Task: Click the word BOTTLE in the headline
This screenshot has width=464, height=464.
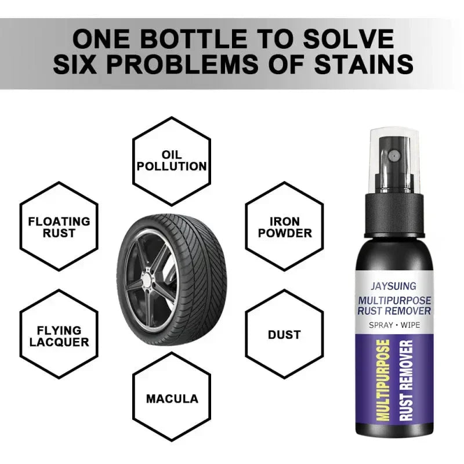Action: [x=193, y=39]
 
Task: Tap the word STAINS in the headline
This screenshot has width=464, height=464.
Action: [x=364, y=64]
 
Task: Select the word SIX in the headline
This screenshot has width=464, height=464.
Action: [x=75, y=64]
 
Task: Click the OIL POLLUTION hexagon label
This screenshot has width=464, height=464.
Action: [x=172, y=161]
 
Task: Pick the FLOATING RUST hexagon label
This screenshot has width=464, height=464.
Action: [x=59, y=227]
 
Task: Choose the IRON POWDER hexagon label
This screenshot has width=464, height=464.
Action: [x=285, y=227]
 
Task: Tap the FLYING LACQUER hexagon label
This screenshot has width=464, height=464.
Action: [x=59, y=336]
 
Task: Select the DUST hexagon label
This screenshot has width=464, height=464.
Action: [x=284, y=335]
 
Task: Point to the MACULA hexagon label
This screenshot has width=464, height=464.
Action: [x=172, y=398]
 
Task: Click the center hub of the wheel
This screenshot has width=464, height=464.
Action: [x=146, y=278]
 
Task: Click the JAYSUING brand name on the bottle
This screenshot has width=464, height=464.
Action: [x=394, y=286]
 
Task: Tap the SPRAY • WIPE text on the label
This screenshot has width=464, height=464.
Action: [x=394, y=325]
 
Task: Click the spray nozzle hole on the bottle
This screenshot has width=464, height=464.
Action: [x=394, y=155]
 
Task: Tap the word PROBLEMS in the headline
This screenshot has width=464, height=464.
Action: [x=183, y=64]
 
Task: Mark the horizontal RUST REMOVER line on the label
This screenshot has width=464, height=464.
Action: [x=394, y=311]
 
